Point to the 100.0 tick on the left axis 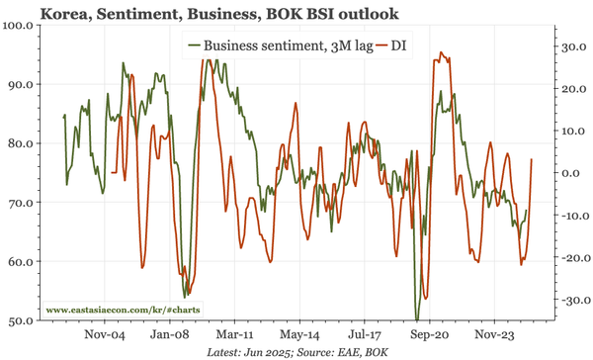(20, 25)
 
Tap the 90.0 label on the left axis (20, 84)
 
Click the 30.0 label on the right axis (572, 46)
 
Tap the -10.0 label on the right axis (570, 216)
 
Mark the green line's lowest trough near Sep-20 (417, 318)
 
